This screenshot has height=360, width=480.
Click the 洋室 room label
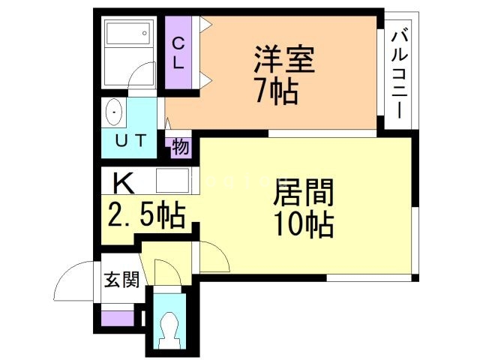[x=283, y=58]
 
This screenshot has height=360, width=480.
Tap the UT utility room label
[x=132, y=139]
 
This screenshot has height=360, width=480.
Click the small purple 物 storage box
[x=180, y=147]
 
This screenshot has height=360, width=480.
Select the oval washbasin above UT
[x=115, y=112]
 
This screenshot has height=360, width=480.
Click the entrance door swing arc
[x=75, y=281]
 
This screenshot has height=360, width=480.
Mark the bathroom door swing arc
[x=139, y=75]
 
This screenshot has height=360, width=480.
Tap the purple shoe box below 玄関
[x=115, y=317]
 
